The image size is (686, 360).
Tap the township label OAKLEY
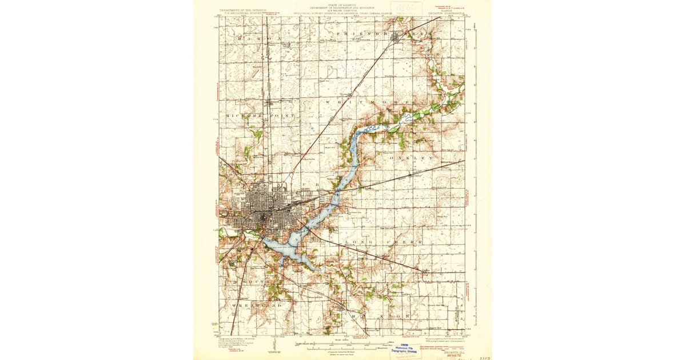(x=412, y=157)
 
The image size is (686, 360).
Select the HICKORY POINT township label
(x=261, y=115)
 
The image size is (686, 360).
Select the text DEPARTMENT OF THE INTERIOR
(x=244, y=10)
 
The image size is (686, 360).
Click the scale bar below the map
(x=343, y=346)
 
